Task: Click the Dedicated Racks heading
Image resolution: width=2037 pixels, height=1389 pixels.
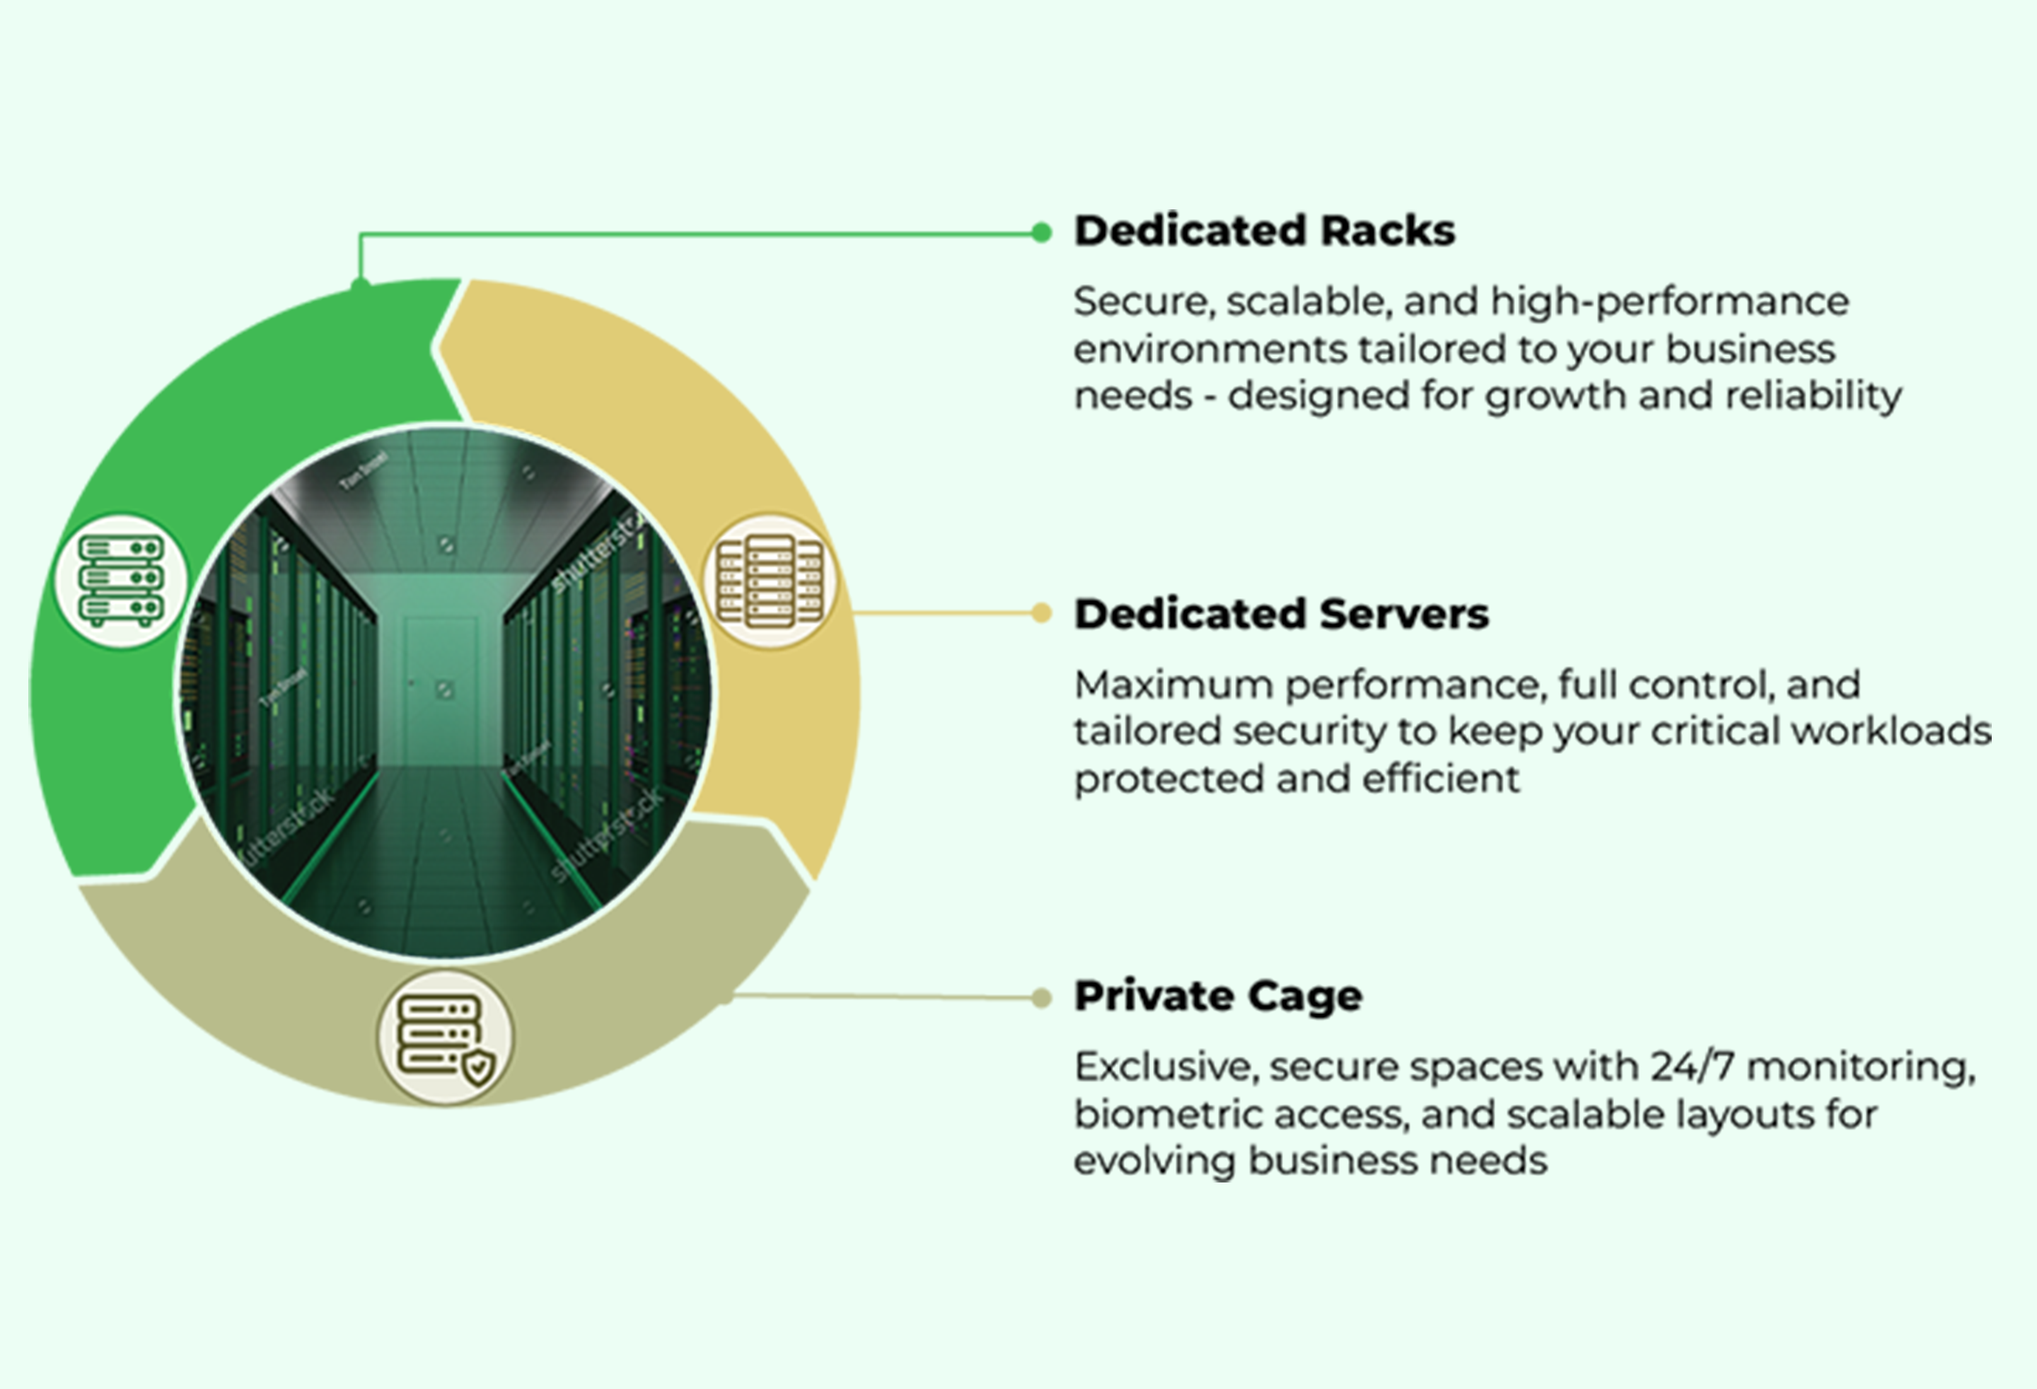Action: (1264, 231)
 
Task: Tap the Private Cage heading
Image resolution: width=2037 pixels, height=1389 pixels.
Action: (1219, 996)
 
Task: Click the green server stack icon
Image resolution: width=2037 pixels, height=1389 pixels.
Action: (122, 580)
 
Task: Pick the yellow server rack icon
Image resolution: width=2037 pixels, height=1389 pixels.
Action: (770, 580)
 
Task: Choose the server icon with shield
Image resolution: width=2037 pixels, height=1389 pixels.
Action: (446, 1038)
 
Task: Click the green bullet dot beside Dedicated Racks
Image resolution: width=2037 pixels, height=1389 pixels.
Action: (1041, 232)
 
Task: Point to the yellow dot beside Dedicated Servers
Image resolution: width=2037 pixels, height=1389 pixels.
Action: (1041, 613)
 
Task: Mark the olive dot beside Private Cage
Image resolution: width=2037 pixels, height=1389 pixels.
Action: (1041, 997)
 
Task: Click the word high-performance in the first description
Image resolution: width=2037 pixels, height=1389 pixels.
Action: (1670, 302)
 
